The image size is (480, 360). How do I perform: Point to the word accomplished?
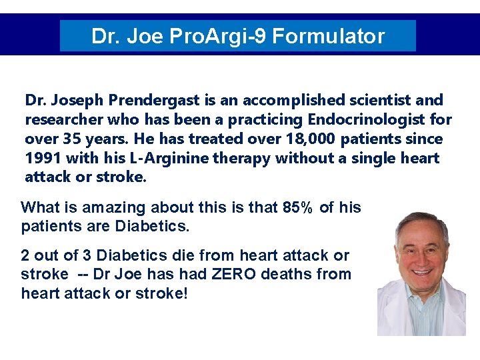click(x=289, y=101)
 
